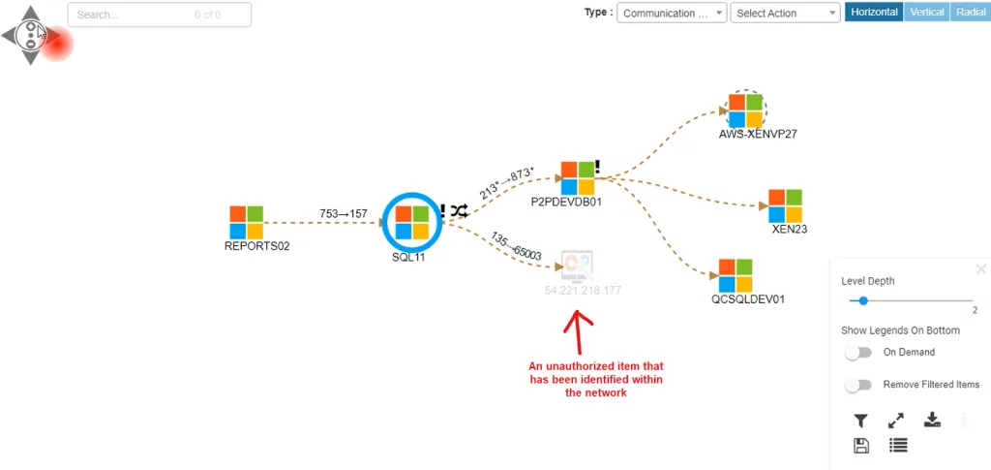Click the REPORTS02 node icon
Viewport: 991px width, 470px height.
coord(247,222)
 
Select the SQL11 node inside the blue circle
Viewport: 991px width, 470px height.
coord(412,222)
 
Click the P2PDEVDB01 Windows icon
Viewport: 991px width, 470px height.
coord(577,178)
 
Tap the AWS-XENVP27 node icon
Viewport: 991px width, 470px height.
coord(745,110)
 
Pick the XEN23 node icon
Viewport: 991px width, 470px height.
coord(786,205)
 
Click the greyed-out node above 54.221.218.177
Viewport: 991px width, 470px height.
coord(577,266)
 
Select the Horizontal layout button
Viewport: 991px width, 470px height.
coord(874,13)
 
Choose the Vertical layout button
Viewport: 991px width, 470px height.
coord(927,13)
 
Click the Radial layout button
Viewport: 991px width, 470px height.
coord(970,13)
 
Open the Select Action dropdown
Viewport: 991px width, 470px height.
coord(786,14)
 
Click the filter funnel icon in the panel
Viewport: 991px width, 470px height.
coord(860,421)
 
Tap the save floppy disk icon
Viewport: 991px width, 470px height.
coord(860,446)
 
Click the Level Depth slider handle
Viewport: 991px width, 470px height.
coord(863,301)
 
